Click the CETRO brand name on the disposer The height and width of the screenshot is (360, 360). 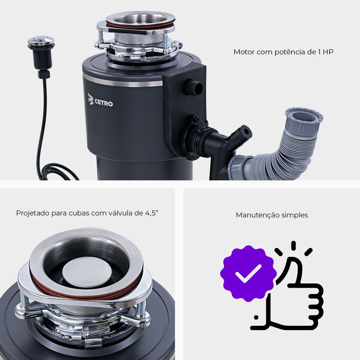[x=103, y=103]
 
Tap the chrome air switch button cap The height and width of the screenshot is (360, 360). [x=41, y=40]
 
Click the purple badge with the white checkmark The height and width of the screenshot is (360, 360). [x=248, y=273]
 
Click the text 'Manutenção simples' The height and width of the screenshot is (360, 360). [x=272, y=215]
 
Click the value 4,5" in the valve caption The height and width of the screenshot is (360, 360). [x=152, y=213]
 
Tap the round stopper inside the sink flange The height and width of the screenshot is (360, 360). [x=87, y=273]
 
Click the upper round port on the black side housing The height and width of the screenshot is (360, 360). [x=193, y=87]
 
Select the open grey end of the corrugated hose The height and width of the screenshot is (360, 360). [x=304, y=119]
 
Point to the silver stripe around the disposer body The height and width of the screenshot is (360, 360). [x=123, y=81]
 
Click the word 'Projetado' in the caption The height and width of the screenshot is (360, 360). [x=32, y=213]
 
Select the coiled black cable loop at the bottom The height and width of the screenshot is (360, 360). [x=58, y=171]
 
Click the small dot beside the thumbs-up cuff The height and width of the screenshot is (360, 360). [x=256, y=318]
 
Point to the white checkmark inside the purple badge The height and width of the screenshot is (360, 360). [x=248, y=274]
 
